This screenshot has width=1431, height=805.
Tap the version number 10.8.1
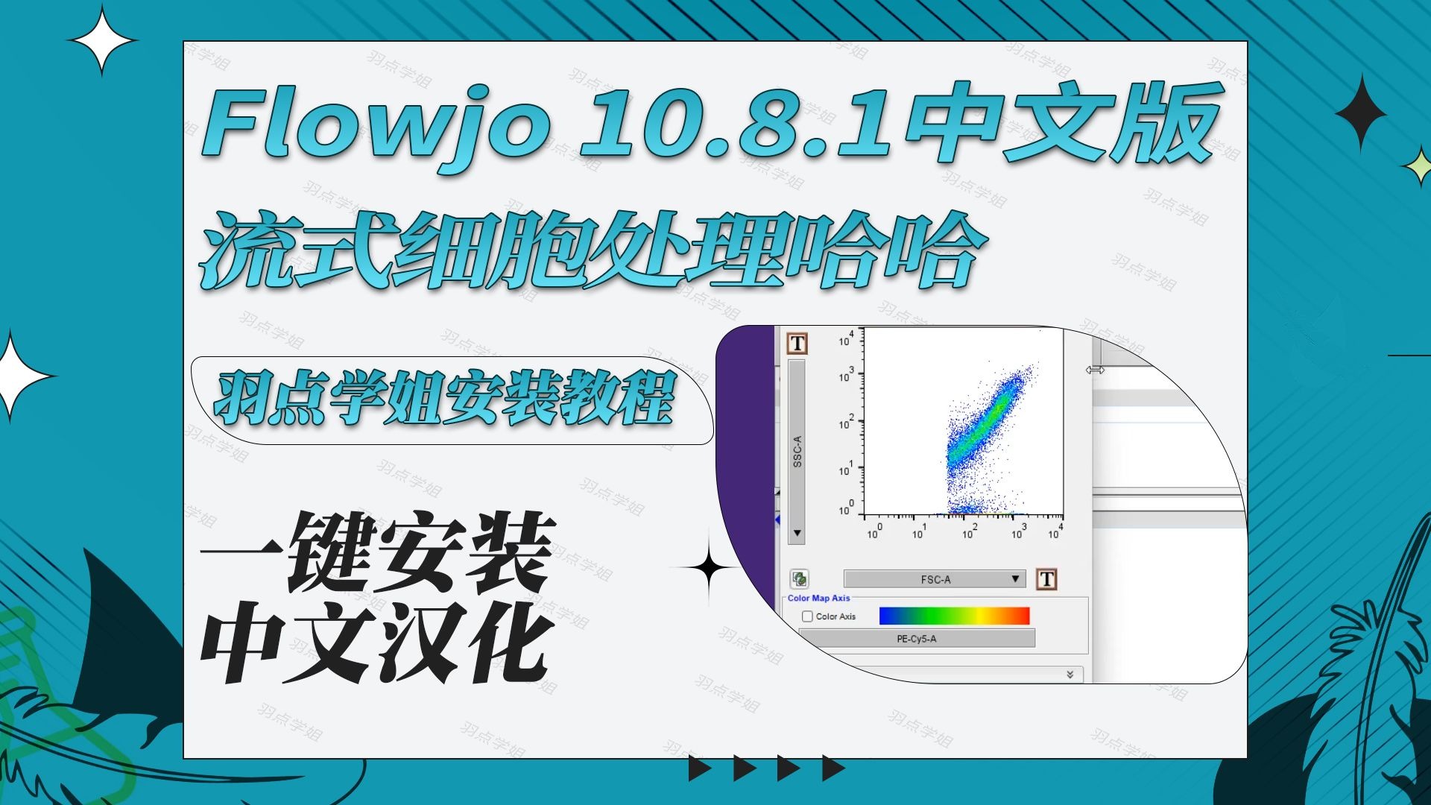[734, 123]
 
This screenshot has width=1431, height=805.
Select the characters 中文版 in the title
[1066, 123]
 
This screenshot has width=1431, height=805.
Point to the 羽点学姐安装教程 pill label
[447, 399]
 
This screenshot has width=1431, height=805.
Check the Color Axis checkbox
[807, 616]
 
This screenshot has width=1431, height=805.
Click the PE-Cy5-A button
[916, 639]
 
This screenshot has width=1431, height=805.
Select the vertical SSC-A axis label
[797, 452]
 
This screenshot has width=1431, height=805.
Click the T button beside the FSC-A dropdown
[1046, 579]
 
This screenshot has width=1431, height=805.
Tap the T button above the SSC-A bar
[797, 344]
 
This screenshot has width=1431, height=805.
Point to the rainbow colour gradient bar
[954, 616]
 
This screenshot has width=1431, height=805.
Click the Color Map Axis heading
[818, 598]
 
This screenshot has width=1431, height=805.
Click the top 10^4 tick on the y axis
[846, 340]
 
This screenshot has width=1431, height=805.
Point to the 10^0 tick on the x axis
[874, 531]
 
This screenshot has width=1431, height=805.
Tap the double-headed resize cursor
[1094, 370]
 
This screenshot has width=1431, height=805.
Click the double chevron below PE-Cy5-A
[1070, 675]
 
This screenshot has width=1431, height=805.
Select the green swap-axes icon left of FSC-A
[800, 579]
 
